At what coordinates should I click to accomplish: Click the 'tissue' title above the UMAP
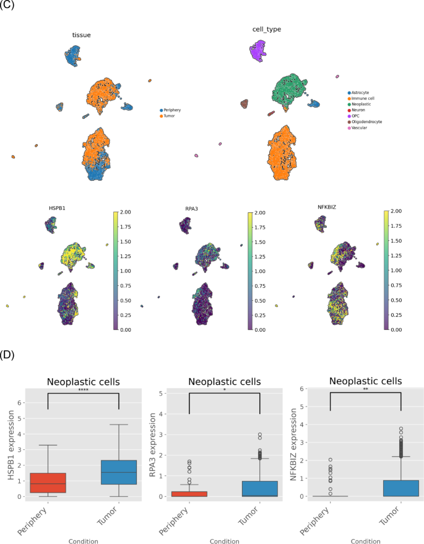click(81, 35)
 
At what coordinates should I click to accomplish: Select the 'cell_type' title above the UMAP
click(267, 30)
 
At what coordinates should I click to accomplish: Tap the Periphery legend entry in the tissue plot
click(170, 110)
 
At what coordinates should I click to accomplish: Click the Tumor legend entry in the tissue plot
click(167, 116)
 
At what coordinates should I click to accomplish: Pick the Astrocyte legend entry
click(358, 93)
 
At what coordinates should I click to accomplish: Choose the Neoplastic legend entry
click(359, 104)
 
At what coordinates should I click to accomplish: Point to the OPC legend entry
click(353, 116)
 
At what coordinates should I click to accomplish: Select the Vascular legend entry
click(357, 127)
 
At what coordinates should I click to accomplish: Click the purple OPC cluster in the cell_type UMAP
click(257, 51)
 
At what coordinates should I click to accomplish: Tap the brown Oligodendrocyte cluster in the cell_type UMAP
click(244, 104)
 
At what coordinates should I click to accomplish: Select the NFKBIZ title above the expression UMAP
click(327, 207)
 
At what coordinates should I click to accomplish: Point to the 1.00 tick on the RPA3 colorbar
click(260, 271)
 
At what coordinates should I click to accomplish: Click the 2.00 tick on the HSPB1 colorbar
click(125, 212)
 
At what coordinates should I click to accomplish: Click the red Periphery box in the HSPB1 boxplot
click(48, 483)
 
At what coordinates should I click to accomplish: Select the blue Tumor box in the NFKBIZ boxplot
click(401, 488)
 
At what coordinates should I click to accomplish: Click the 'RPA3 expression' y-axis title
click(152, 445)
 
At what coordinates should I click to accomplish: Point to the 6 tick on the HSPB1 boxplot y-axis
click(19, 403)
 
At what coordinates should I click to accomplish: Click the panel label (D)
click(7, 355)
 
